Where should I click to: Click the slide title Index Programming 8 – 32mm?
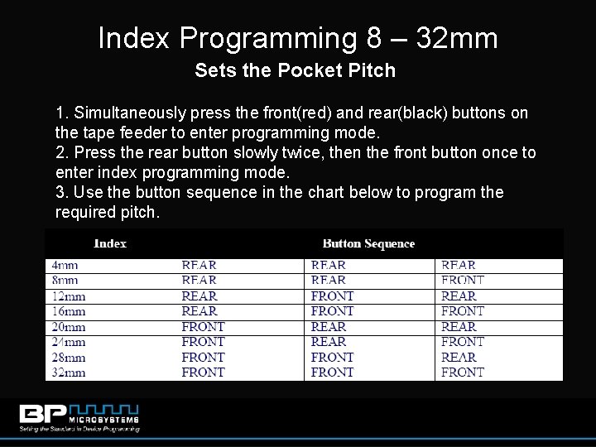coord(298,39)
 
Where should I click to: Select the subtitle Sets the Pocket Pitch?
coord(296,71)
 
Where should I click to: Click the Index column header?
coord(110,243)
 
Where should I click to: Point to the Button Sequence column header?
coord(368,243)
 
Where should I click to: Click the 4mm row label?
coord(64,266)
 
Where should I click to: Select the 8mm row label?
coord(64,281)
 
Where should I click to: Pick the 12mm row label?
coord(68,296)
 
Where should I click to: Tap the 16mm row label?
coord(68,311)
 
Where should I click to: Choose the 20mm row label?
coord(68,327)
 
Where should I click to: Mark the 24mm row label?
coord(68,342)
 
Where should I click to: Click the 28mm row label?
coord(68,358)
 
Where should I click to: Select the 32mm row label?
coord(68,372)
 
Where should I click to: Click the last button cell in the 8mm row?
coord(462,281)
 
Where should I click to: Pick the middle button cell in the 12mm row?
coord(332,296)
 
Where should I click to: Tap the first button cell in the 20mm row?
coord(203,327)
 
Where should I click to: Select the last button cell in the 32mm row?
coord(462,372)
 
